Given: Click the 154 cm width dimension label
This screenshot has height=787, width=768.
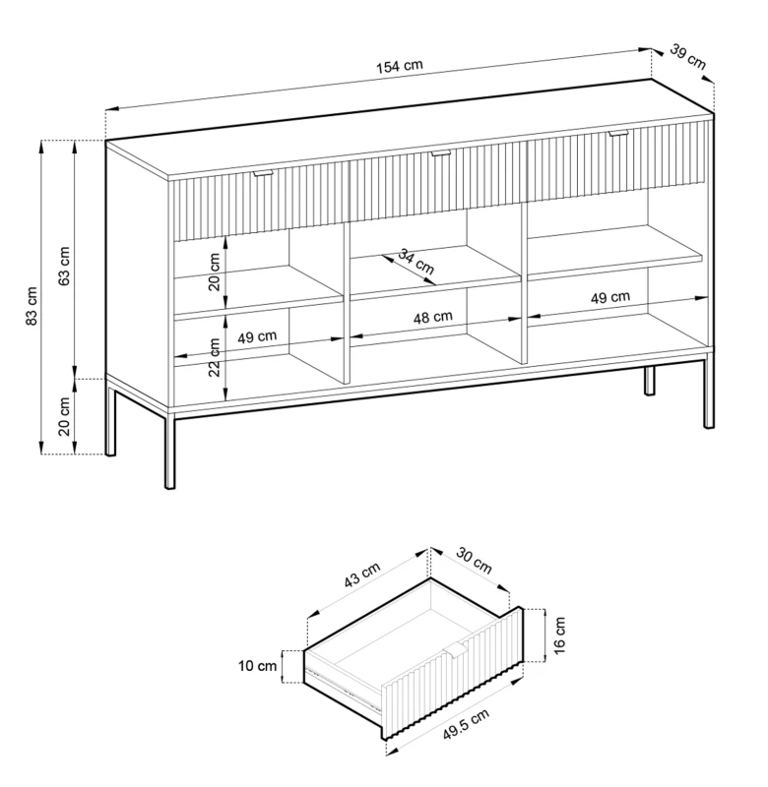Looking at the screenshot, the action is pyautogui.click(x=400, y=66).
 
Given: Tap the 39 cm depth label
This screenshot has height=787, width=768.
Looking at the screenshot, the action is pyautogui.click(x=688, y=57).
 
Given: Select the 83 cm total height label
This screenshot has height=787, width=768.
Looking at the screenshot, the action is pyautogui.click(x=32, y=306).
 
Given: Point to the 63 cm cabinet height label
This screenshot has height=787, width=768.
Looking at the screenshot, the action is pyautogui.click(x=64, y=266).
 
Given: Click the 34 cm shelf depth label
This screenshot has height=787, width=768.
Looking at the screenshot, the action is pyautogui.click(x=416, y=262).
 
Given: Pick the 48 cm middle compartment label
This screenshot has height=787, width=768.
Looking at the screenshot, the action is pyautogui.click(x=433, y=317).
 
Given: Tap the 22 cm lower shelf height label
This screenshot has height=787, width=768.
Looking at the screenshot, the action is pyautogui.click(x=215, y=357).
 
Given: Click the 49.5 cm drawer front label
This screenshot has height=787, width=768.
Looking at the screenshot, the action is pyautogui.click(x=466, y=724).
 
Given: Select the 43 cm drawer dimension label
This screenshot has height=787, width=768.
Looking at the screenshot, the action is pyautogui.click(x=362, y=575).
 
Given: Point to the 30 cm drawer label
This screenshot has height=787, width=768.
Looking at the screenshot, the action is pyautogui.click(x=474, y=560).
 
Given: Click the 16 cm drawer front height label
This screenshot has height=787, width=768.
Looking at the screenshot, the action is pyautogui.click(x=559, y=636).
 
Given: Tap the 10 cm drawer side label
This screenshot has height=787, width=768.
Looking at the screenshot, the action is pyautogui.click(x=257, y=666).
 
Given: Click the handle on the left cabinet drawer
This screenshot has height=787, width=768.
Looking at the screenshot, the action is pyautogui.click(x=263, y=173).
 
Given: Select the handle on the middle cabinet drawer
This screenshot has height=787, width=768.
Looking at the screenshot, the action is pyautogui.click(x=441, y=153).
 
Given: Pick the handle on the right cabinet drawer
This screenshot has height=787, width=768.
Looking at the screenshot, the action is pyautogui.click(x=618, y=133).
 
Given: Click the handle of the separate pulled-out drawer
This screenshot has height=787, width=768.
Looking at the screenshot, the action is pyautogui.click(x=456, y=649).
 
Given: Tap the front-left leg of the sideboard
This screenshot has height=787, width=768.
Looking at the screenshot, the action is pyautogui.click(x=170, y=450).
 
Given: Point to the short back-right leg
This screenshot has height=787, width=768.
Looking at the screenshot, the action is pyautogui.click(x=650, y=381).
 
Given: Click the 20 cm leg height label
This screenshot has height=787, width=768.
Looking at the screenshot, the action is pyautogui.click(x=64, y=416).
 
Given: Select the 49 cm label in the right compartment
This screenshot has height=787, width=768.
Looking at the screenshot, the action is pyautogui.click(x=610, y=298).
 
